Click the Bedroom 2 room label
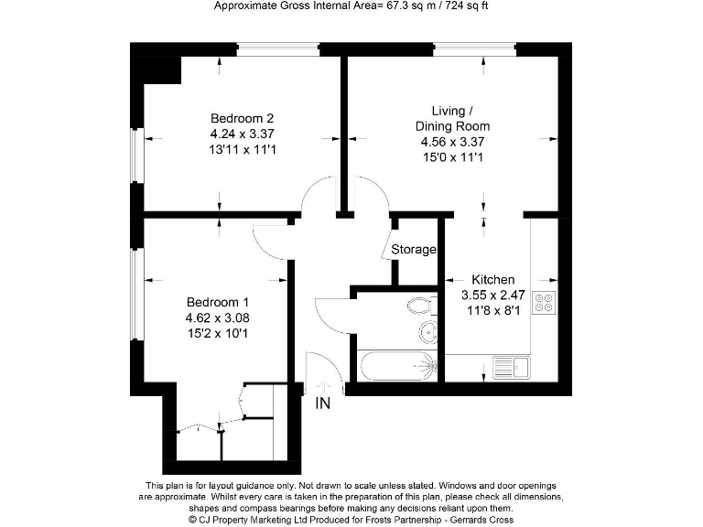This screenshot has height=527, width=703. pyautogui.click(x=243, y=118)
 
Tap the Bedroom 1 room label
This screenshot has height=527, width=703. pyautogui.click(x=218, y=303)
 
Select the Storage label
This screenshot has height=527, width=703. pyautogui.click(x=414, y=249)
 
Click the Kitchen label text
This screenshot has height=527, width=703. pyautogui.click(x=492, y=280)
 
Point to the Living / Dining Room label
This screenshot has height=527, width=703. pyautogui.click(x=452, y=119)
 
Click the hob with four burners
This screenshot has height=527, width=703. pyautogui.click(x=544, y=302)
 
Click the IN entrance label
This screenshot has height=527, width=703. pyautogui.click(x=323, y=403)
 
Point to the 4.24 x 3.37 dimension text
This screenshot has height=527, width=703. pyautogui.click(x=243, y=134)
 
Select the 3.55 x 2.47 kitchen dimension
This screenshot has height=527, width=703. pyautogui.click(x=492, y=296)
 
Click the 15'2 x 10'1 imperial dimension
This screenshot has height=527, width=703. pyautogui.click(x=218, y=334)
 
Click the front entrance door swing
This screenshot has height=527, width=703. pyautogui.click(x=325, y=368)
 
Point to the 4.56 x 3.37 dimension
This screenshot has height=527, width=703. pyautogui.click(x=452, y=142)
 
